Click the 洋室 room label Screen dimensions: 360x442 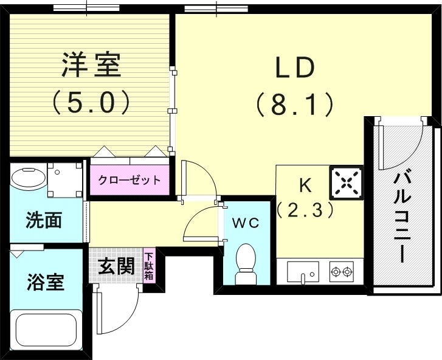click(91, 65)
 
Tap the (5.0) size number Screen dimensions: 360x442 click(91, 102)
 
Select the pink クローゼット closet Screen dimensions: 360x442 click(130, 180)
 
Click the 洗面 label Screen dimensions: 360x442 click(44, 220)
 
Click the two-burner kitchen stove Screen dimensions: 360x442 click(342, 272)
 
